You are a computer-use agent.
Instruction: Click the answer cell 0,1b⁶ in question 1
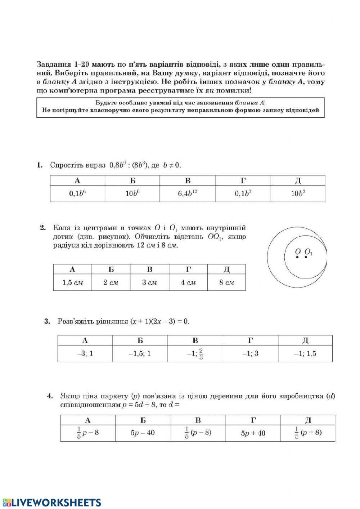(x=77, y=193)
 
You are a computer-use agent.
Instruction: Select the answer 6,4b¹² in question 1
(x=188, y=193)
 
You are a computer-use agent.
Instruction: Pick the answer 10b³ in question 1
(x=298, y=193)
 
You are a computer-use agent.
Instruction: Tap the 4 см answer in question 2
(x=188, y=283)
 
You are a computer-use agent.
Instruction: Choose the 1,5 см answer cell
(x=72, y=283)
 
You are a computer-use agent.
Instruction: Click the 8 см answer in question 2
(x=226, y=283)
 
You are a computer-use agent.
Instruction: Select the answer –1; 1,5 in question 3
(x=305, y=354)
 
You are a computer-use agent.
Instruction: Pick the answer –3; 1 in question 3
(x=85, y=354)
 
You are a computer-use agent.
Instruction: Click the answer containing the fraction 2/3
(x=195, y=354)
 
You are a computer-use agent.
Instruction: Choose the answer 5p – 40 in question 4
(x=143, y=433)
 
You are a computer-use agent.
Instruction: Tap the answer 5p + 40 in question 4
(x=253, y=433)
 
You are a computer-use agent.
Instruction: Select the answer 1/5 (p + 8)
(x=308, y=433)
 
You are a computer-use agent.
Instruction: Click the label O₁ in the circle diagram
(x=309, y=252)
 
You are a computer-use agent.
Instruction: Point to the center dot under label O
(x=297, y=257)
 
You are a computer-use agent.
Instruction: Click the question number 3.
(x=47, y=321)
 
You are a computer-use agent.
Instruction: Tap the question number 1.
(x=40, y=165)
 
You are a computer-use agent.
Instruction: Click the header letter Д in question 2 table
(x=226, y=269)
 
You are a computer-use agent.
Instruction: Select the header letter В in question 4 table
(x=198, y=420)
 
